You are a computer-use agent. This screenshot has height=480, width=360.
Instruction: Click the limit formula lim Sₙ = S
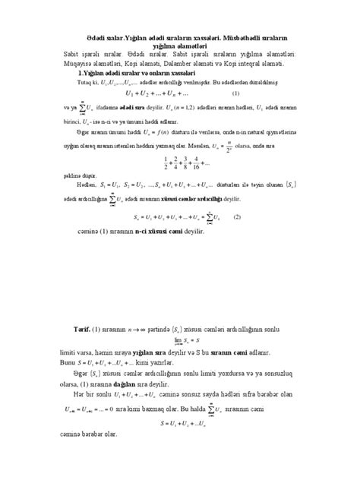(182, 342)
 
